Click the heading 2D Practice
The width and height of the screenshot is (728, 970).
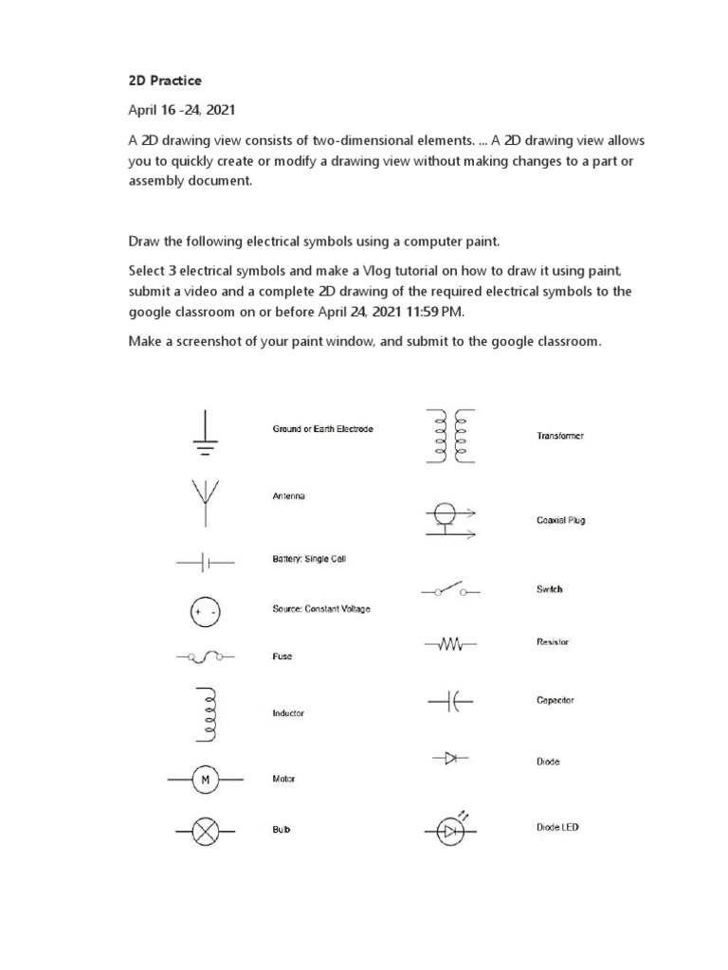click(165, 81)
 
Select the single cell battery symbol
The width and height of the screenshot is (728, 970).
click(205, 562)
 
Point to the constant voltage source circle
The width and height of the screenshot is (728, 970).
click(206, 612)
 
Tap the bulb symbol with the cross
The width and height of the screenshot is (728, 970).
click(206, 832)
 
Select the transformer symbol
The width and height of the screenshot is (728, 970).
click(450, 437)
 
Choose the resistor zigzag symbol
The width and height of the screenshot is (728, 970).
click(450, 644)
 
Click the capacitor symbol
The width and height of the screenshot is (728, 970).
click(451, 702)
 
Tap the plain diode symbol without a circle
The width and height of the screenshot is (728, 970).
click(450, 758)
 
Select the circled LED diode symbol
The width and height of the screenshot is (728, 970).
click(450, 831)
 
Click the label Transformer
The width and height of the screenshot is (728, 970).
click(560, 437)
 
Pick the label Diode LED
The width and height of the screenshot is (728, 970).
click(557, 827)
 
